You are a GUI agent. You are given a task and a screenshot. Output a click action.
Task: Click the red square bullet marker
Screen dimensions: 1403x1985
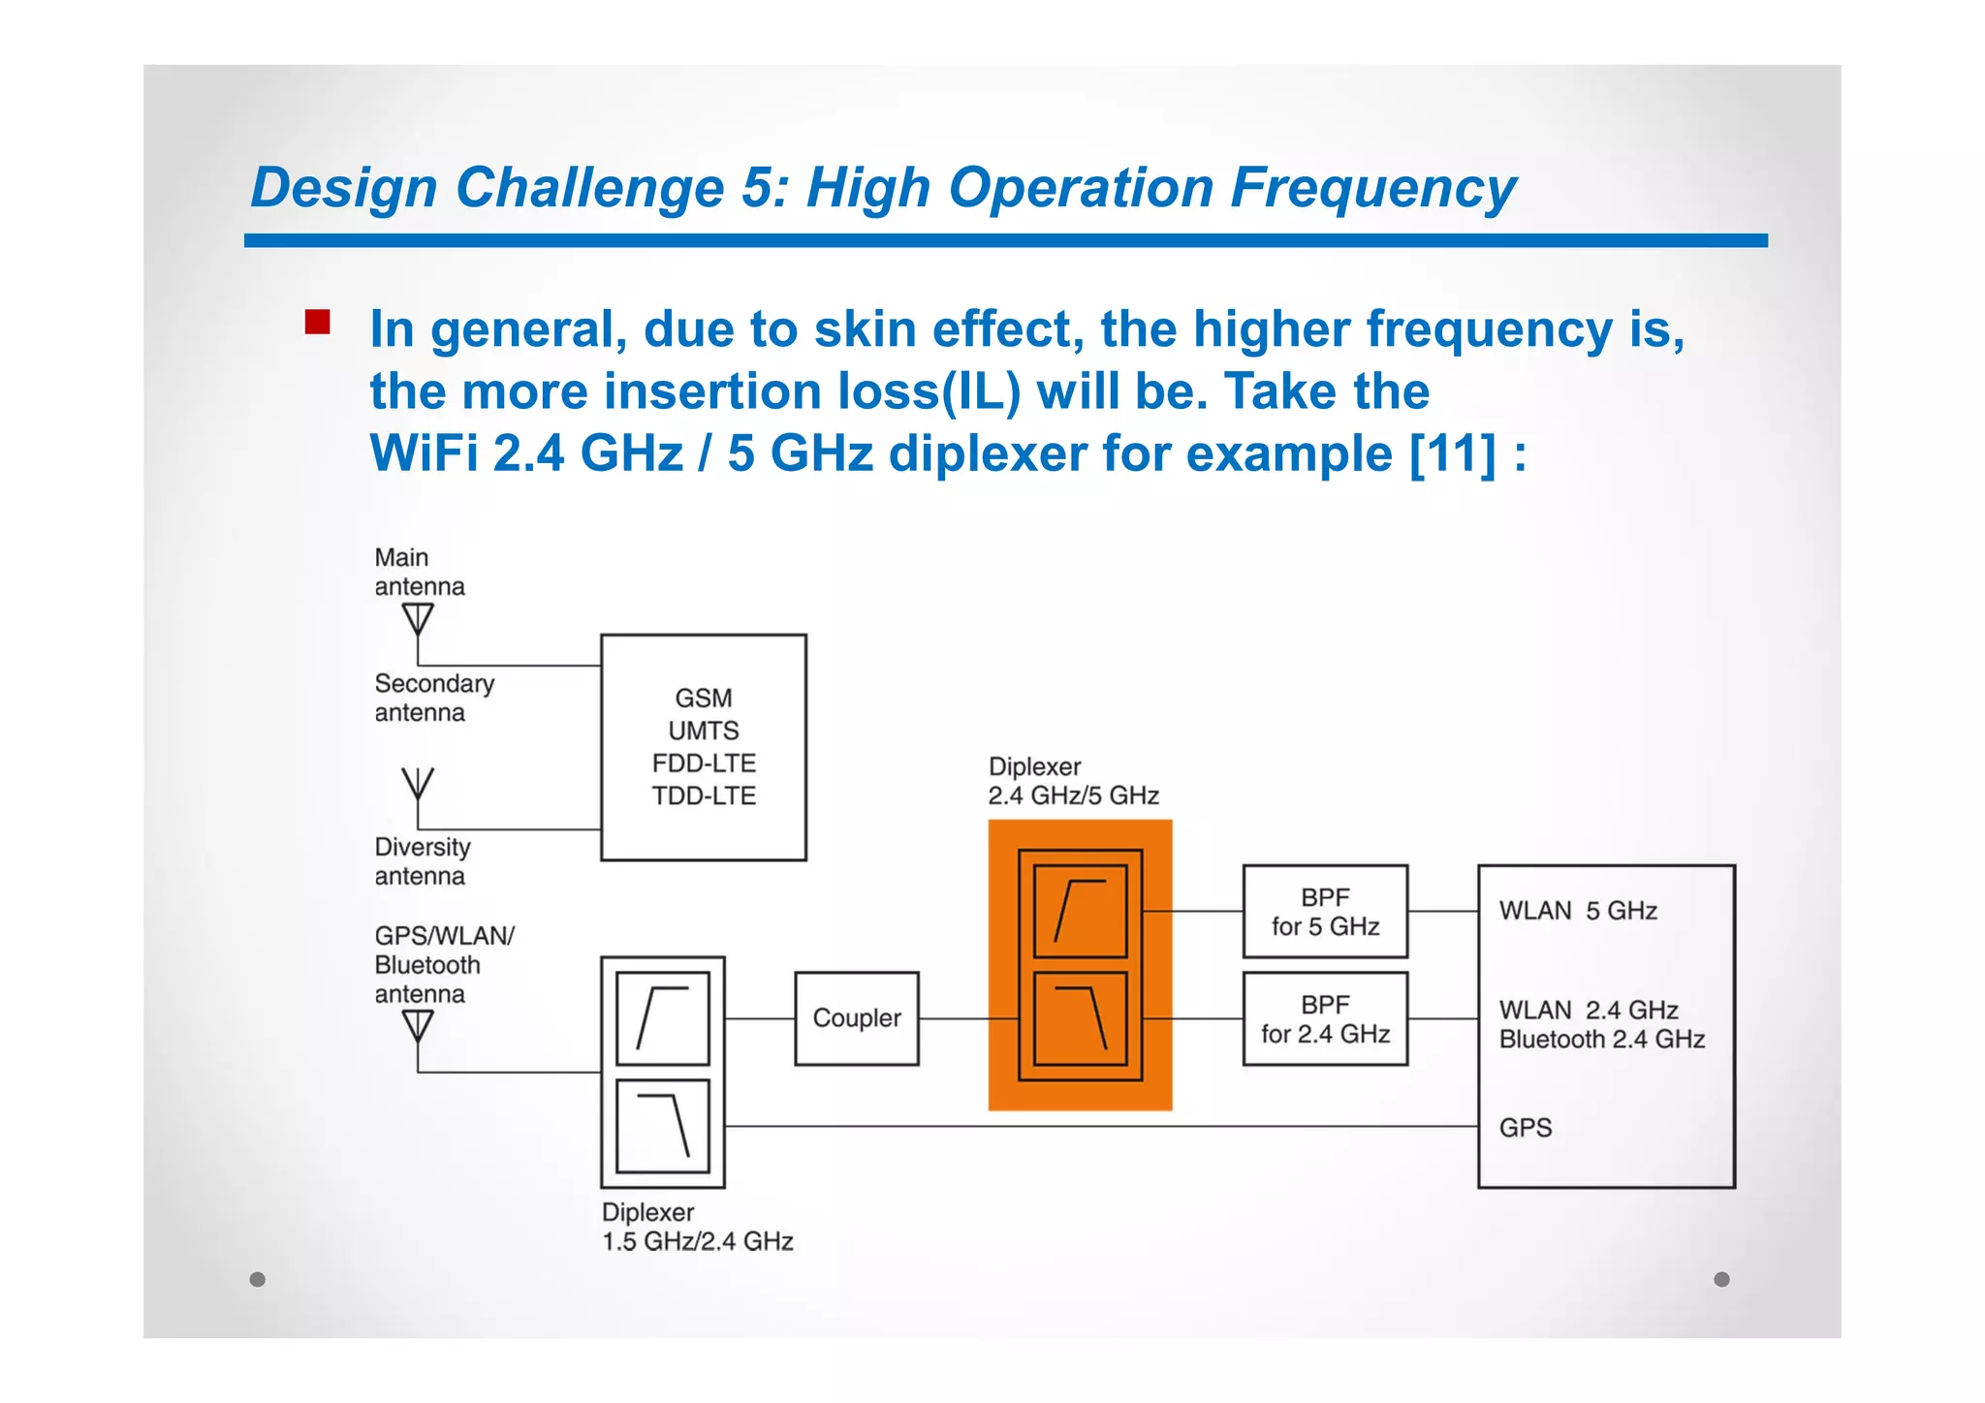pos(317,323)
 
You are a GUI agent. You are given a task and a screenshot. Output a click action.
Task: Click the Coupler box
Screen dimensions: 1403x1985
pos(856,1018)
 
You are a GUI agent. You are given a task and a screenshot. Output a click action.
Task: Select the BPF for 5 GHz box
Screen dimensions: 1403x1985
pos(1324,912)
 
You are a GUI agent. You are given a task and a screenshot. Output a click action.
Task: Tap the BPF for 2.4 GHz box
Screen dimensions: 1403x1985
pos(1324,1019)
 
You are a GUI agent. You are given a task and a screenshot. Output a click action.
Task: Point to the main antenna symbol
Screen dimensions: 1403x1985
pos(418,619)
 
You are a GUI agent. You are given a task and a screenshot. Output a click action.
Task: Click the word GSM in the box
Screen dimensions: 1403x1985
pos(704,698)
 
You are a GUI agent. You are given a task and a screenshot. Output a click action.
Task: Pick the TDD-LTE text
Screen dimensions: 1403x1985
pos(704,795)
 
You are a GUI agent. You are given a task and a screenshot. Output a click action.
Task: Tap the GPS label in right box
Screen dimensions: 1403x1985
pos(1525,1128)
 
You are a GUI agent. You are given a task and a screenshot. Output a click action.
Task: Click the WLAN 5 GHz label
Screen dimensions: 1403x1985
pos(1577,911)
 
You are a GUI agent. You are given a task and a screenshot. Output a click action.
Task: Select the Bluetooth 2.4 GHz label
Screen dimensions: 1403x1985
pos(1601,1040)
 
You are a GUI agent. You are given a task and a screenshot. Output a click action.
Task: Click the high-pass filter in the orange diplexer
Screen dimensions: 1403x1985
pos(1080,911)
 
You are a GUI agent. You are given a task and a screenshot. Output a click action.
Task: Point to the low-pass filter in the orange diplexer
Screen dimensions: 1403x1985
pos(1080,1019)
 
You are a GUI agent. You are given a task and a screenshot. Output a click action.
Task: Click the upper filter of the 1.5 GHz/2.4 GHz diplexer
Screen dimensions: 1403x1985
pos(663,1018)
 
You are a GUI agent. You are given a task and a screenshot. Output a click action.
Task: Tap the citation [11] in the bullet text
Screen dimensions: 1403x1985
pos(1451,453)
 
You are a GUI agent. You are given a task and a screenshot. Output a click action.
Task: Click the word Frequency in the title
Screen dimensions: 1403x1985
pos(1372,188)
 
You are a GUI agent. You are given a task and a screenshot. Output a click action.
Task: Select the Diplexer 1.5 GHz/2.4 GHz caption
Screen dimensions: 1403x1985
pos(697,1227)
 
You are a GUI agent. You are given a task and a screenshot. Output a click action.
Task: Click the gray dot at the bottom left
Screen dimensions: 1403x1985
pos(258,1279)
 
